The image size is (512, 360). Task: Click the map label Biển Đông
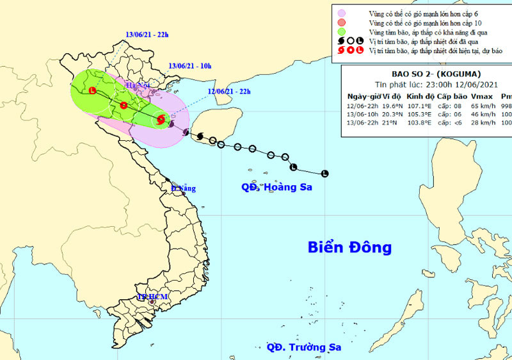tap(349, 247)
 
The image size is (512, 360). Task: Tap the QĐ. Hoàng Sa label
tap(278, 188)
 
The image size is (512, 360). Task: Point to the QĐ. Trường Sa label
tap(304, 347)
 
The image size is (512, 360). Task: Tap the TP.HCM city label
tap(152, 297)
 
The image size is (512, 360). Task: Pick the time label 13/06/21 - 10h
tap(190, 65)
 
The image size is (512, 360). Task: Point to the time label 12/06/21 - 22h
tap(228, 92)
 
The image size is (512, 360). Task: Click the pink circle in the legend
tap(342, 12)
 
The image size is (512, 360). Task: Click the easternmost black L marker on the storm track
tap(324, 173)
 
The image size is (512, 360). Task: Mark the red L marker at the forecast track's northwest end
tap(93, 91)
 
